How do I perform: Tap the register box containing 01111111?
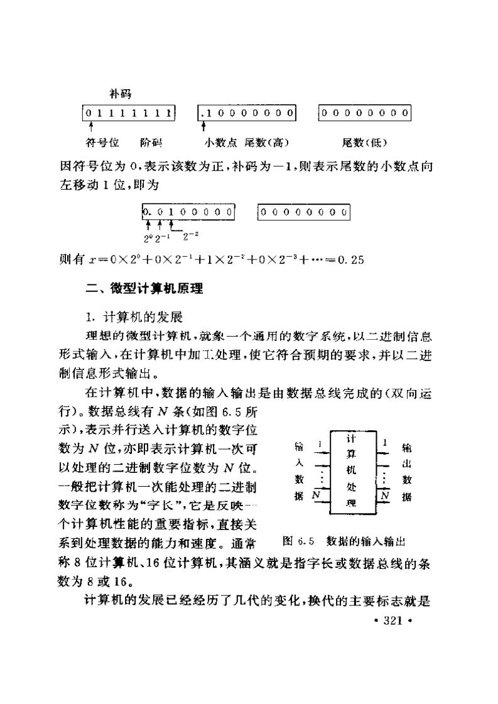click(x=129, y=113)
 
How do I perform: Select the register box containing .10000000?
click(x=246, y=113)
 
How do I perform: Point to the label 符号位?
click(x=98, y=143)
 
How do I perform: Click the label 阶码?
click(x=151, y=143)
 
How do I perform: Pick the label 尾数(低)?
click(x=364, y=143)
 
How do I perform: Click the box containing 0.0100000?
click(x=189, y=212)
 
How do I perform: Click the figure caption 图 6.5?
click(x=298, y=540)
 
